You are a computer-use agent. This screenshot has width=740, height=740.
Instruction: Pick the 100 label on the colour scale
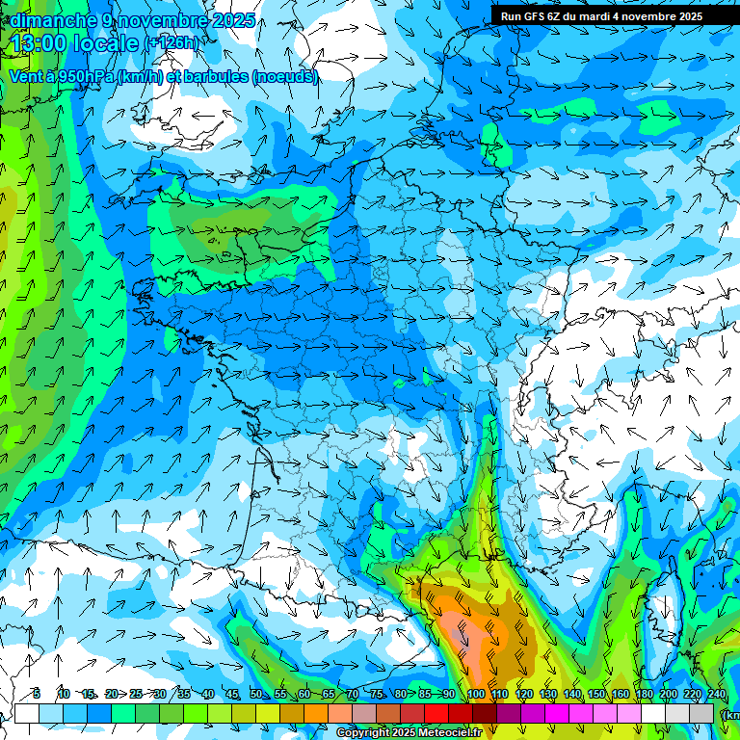(x=476, y=694)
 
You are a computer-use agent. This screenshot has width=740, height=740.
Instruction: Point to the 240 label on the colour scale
(x=717, y=694)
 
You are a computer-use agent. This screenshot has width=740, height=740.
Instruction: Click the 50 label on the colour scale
(x=256, y=694)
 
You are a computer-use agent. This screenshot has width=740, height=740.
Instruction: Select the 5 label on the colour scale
(x=37, y=694)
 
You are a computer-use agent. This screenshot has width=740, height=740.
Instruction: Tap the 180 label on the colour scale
(x=645, y=694)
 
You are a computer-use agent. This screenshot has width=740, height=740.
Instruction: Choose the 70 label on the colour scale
(x=353, y=694)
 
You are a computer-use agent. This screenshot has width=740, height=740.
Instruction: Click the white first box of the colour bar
(x=26, y=713)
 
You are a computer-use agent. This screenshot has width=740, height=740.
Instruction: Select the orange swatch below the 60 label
(x=316, y=713)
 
